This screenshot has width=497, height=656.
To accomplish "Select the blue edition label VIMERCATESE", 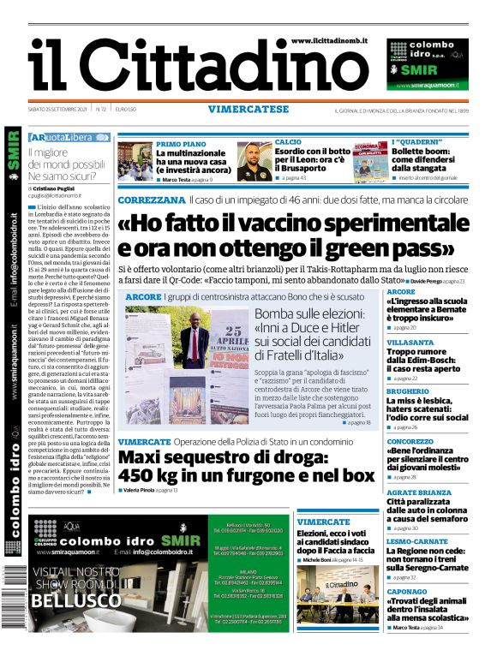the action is [248, 109].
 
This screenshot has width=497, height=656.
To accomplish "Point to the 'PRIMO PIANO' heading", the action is [181, 143].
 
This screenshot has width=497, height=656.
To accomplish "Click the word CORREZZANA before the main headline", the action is [151, 200].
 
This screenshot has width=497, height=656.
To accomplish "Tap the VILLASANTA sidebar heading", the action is [410, 341].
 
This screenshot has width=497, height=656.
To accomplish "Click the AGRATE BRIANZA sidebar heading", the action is [419, 492].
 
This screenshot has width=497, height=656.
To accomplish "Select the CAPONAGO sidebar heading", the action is [406, 591].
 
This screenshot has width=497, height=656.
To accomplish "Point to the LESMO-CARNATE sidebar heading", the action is [416, 542].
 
